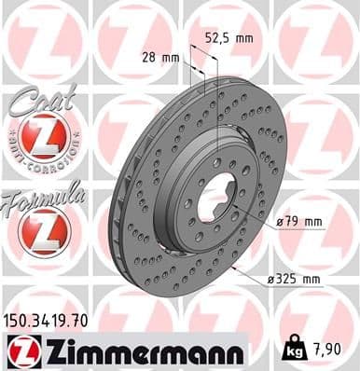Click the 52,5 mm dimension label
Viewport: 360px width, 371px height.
(x=228, y=38)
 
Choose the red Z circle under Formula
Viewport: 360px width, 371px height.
(x=43, y=229)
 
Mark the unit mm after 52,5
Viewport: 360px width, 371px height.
(x=244, y=38)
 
